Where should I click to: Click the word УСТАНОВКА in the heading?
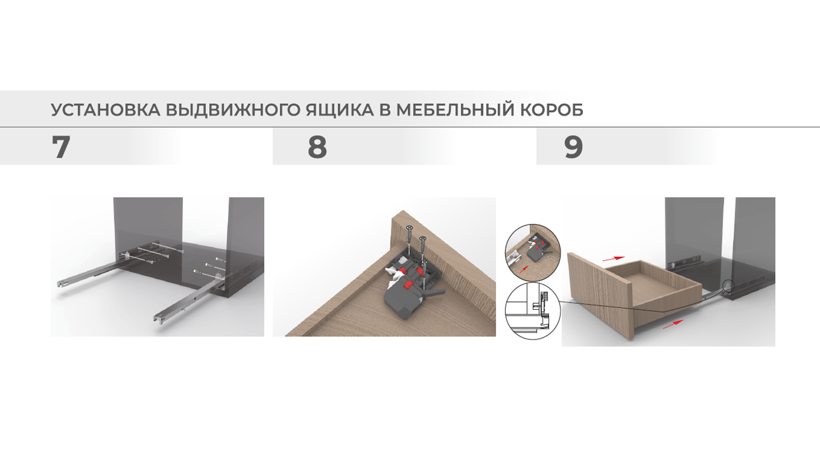(105, 110)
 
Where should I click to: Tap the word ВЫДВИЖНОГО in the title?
(233, 110)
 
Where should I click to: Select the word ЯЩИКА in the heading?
(340, 110)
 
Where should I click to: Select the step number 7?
(61, 147)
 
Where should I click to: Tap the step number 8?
(317, 147)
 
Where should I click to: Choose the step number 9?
(573, 147)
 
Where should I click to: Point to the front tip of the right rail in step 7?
(157, 318)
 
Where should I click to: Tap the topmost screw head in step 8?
(409, 228)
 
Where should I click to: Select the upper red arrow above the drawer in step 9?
(613, 258)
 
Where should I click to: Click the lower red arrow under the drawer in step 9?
(673, 324)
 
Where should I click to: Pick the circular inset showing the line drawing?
(533, 311)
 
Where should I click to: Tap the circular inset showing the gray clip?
(533, 252)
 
